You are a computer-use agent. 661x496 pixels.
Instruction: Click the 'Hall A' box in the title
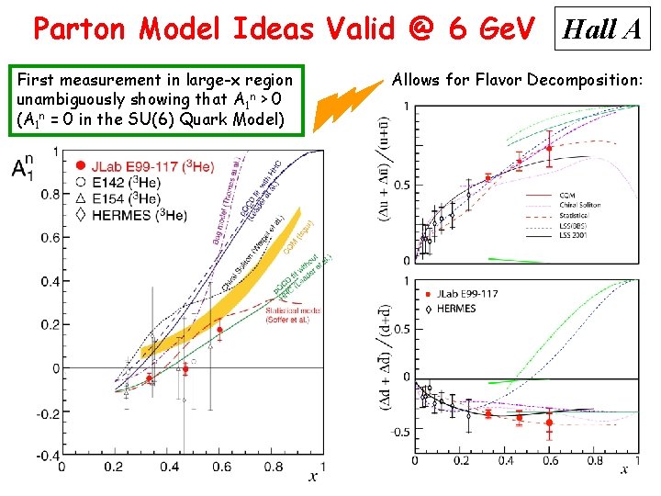click(601, 30)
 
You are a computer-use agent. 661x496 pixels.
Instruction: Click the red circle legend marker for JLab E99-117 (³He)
click(82, 166)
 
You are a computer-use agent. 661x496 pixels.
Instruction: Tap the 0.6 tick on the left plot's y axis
click(46, 237)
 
